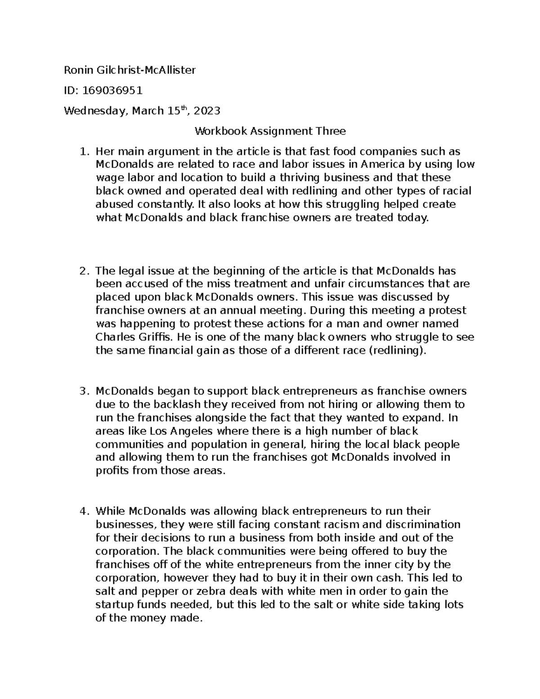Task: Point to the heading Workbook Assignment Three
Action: tap(270, 131)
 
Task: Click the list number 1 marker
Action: tap(83, 152)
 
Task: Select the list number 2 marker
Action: tap(83, 271)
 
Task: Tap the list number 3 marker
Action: tap(83, 391)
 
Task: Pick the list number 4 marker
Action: tap(83, 511)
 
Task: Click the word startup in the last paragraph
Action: tap(113, 604)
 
